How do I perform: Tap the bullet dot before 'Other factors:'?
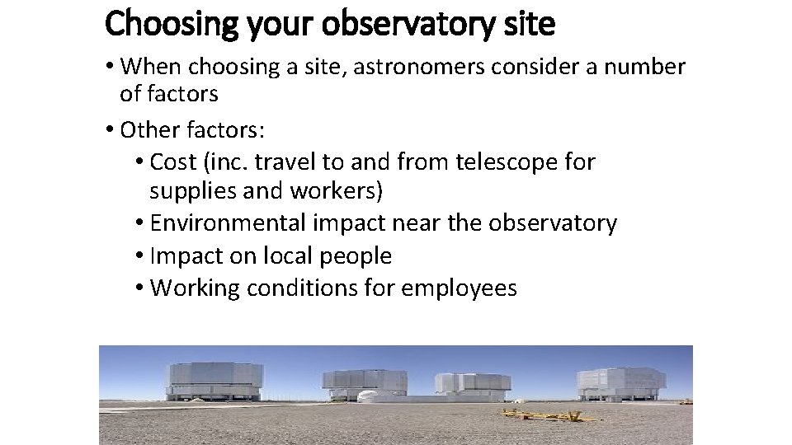pos(110,130)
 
